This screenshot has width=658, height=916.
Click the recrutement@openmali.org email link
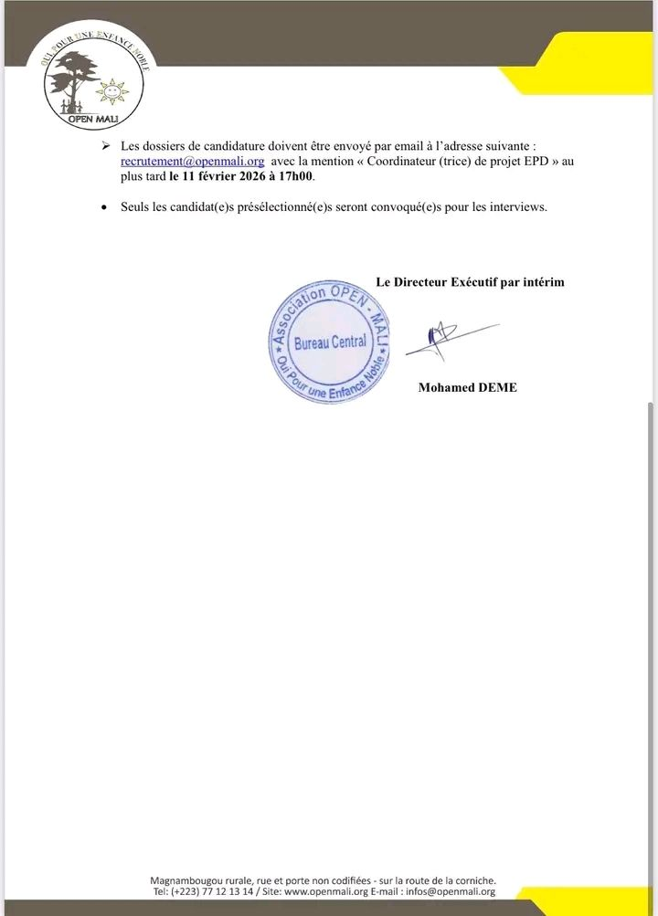[192, 161]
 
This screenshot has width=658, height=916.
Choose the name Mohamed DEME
[467, 387]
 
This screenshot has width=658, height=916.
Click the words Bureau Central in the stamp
[330, 342]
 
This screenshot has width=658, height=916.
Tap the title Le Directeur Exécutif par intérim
[470, 282]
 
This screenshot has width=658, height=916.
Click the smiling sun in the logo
[112, 92]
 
